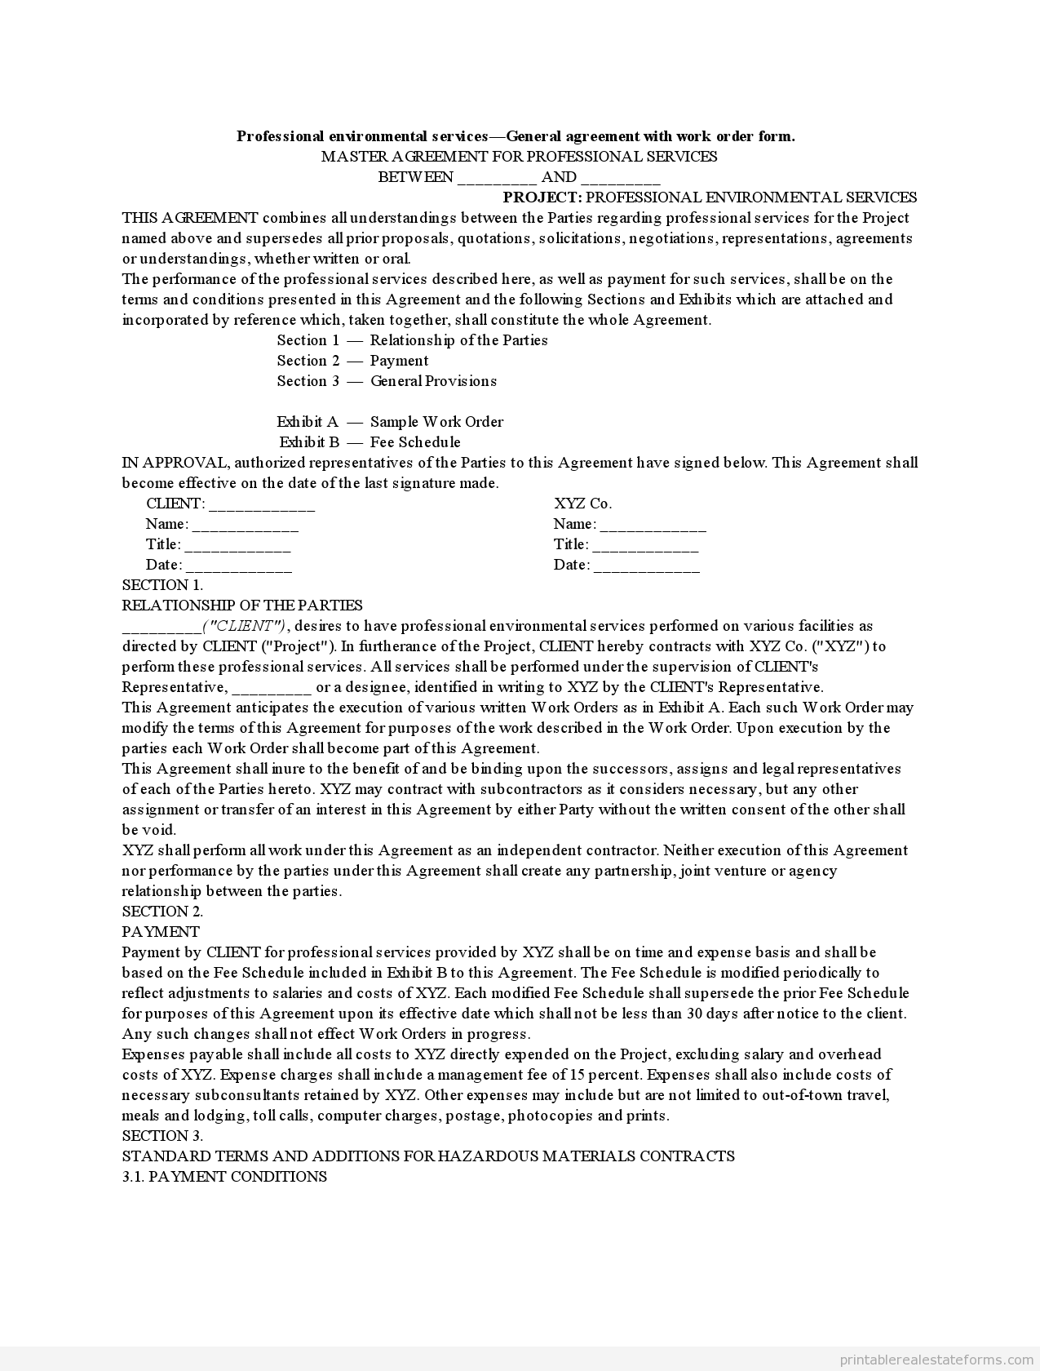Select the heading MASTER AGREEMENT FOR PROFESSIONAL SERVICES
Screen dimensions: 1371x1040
[x=519, y=157]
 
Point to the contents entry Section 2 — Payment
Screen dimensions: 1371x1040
[x=352, y=361]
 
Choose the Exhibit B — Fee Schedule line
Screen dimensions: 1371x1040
[x=370, y=442]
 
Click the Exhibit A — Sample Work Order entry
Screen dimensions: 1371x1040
[x=390, y=422]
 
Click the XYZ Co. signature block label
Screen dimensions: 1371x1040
[x=582, y=504]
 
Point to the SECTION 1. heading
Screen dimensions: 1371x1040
[x=162, y=585]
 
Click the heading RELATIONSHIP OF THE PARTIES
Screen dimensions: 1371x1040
[x=242, y=606]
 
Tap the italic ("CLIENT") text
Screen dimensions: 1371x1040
[x=245, y=626]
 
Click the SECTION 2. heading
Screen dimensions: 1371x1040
[x=162, y=912]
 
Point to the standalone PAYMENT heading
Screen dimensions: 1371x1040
[x=161, y=932]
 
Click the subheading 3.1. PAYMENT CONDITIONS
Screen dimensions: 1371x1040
[x=224, y=1177]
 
